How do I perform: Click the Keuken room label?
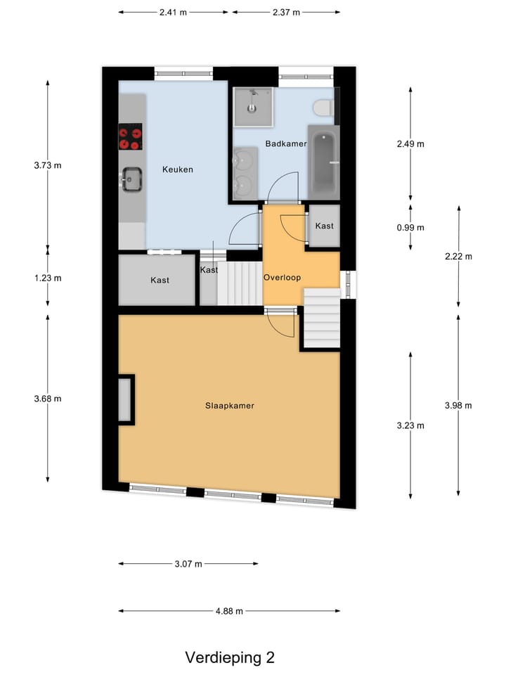click(x=177, y=169)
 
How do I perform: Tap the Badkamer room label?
click(x=285, y=143)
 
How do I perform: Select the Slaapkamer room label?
click(x=229, y=406)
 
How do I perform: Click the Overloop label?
click(x=282, y=278)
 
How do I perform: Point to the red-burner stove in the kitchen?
click(x=130, y=136)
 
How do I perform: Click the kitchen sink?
click(x=131, y=179)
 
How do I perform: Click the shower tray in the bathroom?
click(x=252, y=107)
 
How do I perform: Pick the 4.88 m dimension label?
click(x=229, y=611)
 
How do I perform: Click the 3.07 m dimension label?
click(x=188, y=564)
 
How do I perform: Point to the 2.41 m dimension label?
click(x=174, y=13)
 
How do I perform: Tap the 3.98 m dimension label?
click(x=458, y=405)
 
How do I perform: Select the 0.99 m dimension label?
click(x=410, y=227)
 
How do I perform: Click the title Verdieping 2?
click(x=230, y=657)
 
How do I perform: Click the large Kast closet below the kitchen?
click(x=159, y=280)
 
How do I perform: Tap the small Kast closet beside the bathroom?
click(x=324, y=226)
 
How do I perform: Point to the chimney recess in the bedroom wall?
click(x=126, y=399)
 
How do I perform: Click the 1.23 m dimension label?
click(x=48, y=278)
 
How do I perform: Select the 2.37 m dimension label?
click(x=286, y=13)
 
